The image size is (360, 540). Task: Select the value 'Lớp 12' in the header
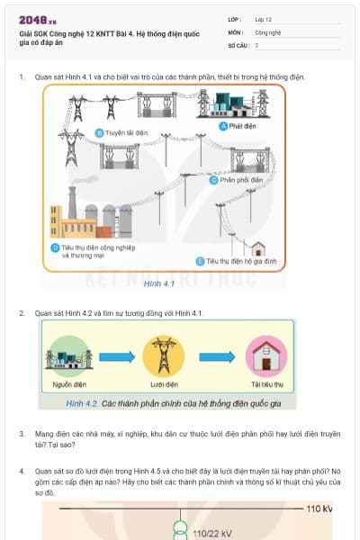point(264,19)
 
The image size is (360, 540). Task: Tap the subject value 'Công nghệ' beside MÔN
point(268,31)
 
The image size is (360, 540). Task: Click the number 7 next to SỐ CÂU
point(256,44)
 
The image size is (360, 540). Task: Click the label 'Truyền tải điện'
point(125,132)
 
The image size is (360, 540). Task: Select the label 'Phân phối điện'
point(244,179)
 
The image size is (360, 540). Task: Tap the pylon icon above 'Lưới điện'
point(164,355)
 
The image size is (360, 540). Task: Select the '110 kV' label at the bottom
point(319,509)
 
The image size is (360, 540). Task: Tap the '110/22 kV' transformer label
point(213,533)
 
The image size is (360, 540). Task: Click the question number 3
point(22,433)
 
